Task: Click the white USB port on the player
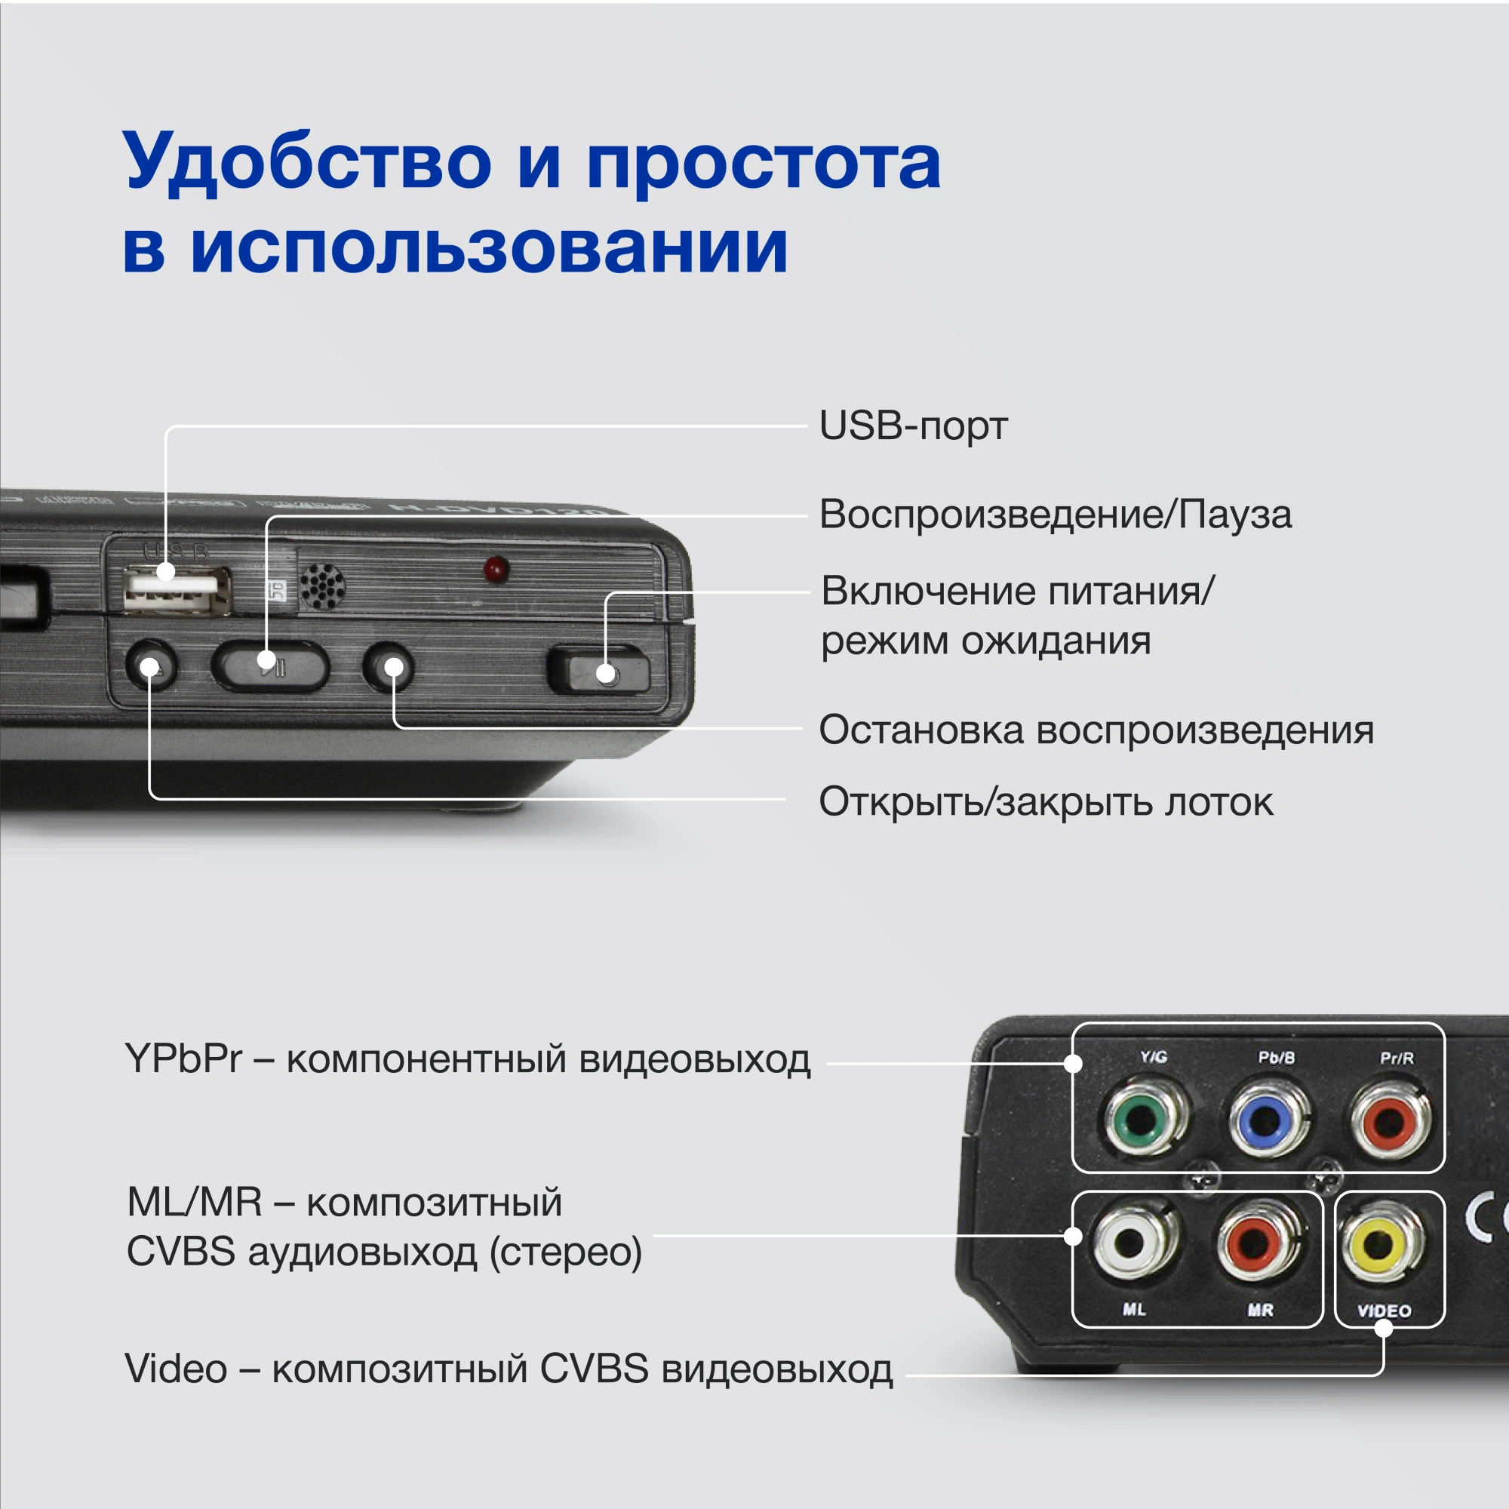pos(177,589)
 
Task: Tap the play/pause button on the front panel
pos(270,665)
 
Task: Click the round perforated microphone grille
pos(322,585)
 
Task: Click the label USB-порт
pos(912,426)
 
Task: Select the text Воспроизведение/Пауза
pos(1056,515)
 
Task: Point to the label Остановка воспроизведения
pos(1096,730)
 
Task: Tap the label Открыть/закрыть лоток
pos(1046,801)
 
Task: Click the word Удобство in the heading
pos(307,162)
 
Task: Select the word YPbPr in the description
pos(183,1059)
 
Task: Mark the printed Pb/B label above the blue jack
pos(1277,1058)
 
